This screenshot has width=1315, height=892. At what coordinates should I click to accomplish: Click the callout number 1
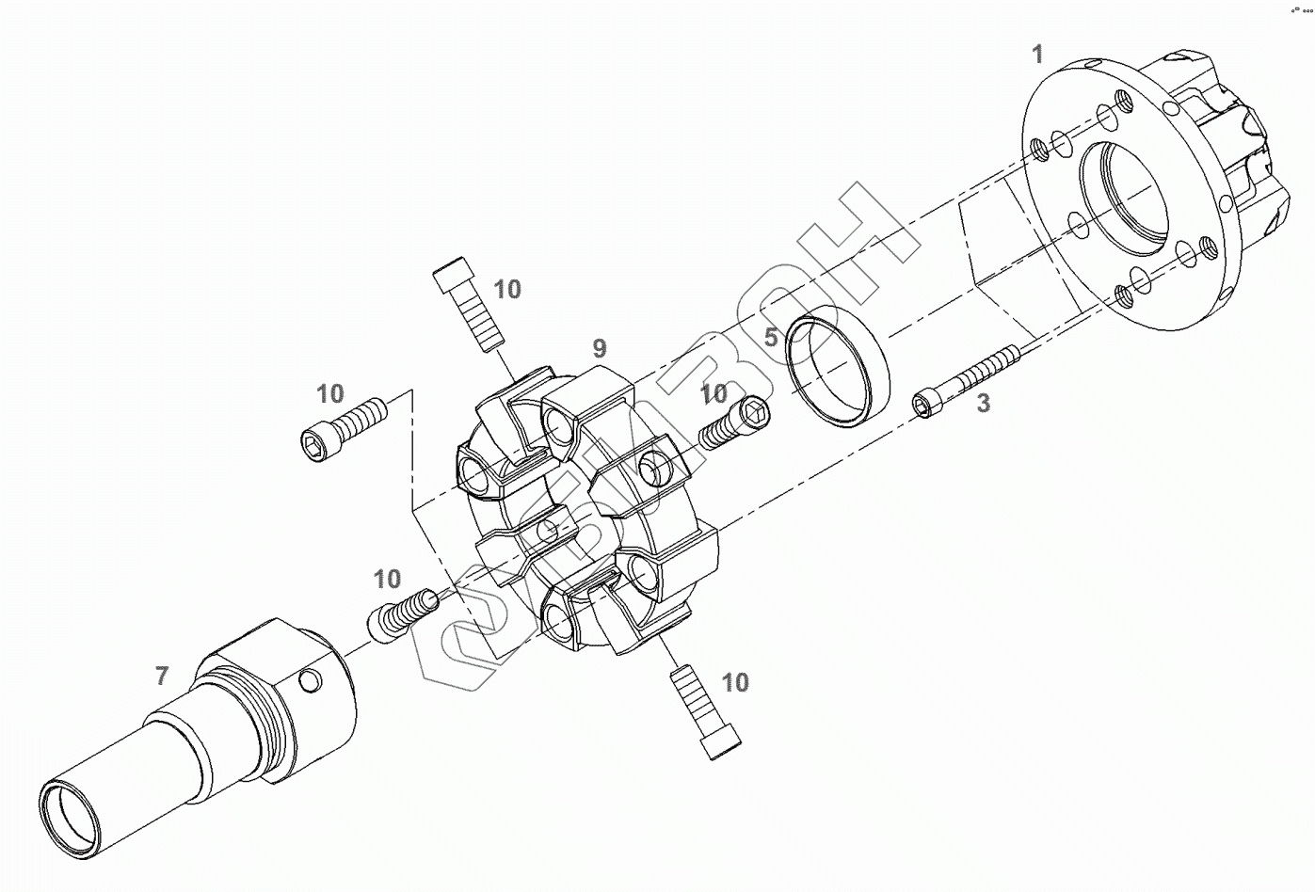click(x=1037, y=55)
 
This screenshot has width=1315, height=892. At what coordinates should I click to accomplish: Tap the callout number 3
click(x=983, y=404)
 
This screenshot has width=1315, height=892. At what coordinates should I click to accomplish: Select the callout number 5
click(x=770, y=337)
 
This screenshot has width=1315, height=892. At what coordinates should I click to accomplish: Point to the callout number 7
click(x=162, y=675)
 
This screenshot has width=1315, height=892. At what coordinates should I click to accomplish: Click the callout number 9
click(x=600, y=348)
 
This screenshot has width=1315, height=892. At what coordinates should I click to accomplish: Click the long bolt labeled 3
click(x=970, y=378)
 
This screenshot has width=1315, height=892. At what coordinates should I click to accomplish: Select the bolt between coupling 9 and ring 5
click(x=734, y=421)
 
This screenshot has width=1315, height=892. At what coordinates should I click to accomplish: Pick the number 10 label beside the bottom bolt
click(x=735, y=682)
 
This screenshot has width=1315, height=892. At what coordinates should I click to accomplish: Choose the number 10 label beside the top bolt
click(x=506, y=290)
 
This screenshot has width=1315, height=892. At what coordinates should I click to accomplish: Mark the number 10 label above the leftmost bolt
click(x=329, y=393)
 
